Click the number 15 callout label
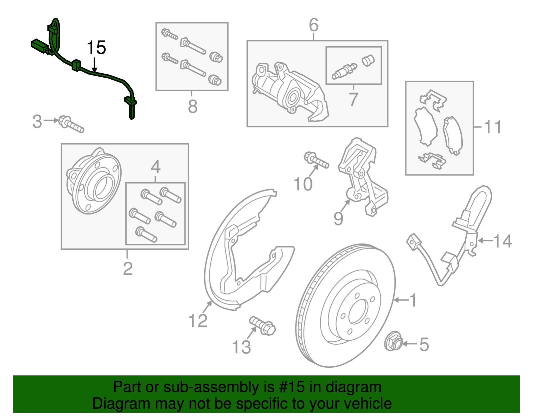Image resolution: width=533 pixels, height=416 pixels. pyautogui.click(x=96, y=48)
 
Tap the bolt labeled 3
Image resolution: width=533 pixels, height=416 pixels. pyautogui.click(x=71, y=124)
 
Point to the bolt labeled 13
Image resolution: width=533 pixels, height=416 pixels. pyautogui.click(x=263, y=326)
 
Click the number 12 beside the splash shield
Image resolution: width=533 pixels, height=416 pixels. pyautogui.click(x=198, y=321)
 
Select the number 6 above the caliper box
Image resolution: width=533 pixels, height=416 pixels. pyautogui.click(x=313, y=25)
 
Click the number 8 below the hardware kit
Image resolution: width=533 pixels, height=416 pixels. pyautogui.click(x=193, y=107)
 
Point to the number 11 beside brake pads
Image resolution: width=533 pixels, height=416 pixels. pyautogui.click(x=493, y=127)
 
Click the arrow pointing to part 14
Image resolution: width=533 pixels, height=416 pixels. pyautogui.click(x=485, y=240)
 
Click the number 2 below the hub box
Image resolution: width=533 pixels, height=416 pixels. pyautogui.click(x=128, y=268)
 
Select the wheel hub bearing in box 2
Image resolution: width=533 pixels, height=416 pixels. pyautogui.click(x=94, y=182)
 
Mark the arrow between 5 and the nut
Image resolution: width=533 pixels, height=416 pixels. pyautogui.click(x=410, y=344)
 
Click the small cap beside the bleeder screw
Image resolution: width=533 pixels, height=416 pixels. pyautogui.click(x=368, y=60)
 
